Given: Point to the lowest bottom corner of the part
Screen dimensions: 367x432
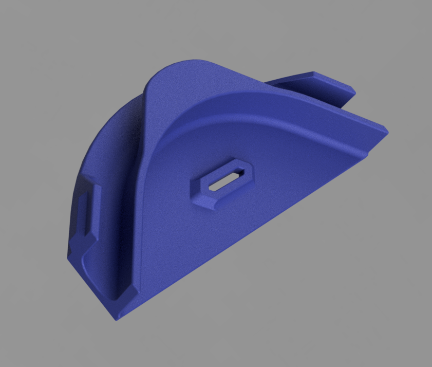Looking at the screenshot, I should click(116, 317).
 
